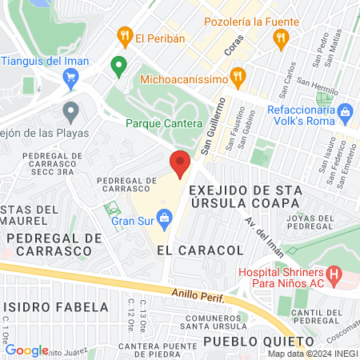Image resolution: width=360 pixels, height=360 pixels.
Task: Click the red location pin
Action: pos(180,163)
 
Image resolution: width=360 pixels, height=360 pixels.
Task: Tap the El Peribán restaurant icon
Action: pos(124,36)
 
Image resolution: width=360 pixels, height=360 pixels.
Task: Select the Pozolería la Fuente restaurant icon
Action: pos(280,37)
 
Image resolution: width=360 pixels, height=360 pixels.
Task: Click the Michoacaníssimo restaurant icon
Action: pos(237,78)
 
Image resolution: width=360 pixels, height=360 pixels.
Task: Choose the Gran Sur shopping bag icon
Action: pos(165,216)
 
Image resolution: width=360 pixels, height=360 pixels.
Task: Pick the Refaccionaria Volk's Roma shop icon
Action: pos(345,110)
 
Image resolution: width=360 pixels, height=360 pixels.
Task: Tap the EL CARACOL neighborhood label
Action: pos(200,250)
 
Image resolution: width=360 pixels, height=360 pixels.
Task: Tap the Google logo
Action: pos(26,350)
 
